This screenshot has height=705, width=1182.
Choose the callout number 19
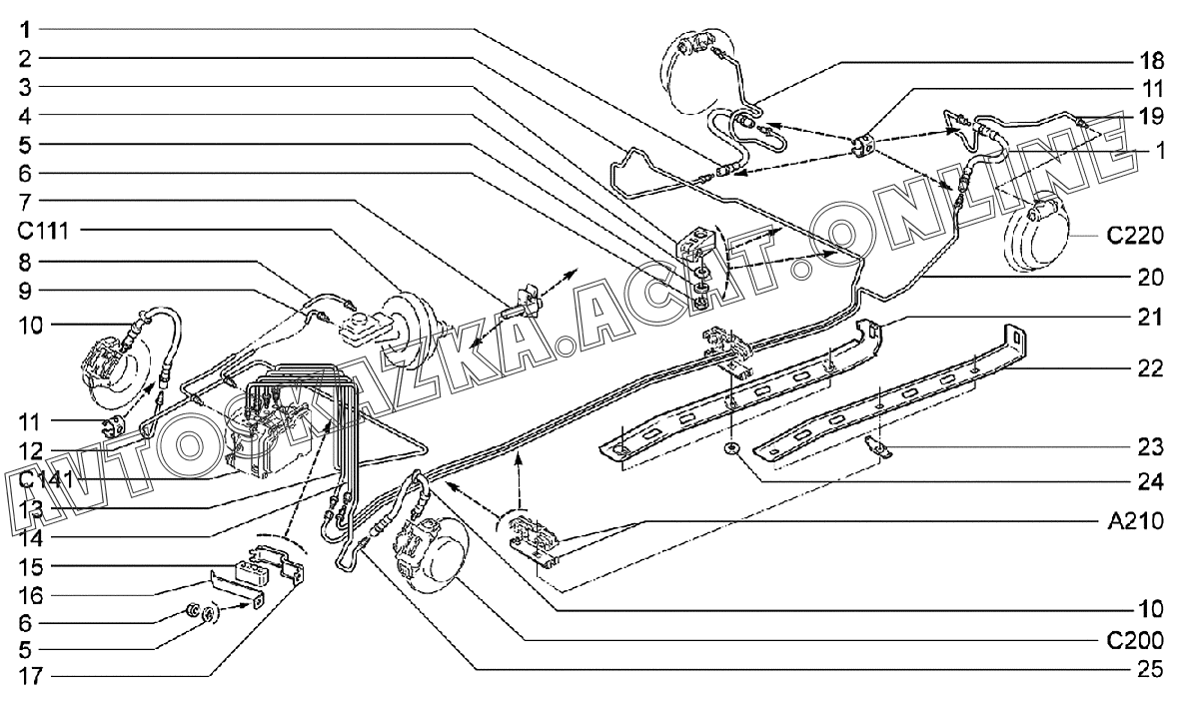[1151, 116]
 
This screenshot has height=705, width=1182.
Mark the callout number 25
[1151, 668]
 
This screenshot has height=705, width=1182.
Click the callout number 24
[1151, 481]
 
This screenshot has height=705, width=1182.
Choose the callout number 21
[1151, 318]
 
